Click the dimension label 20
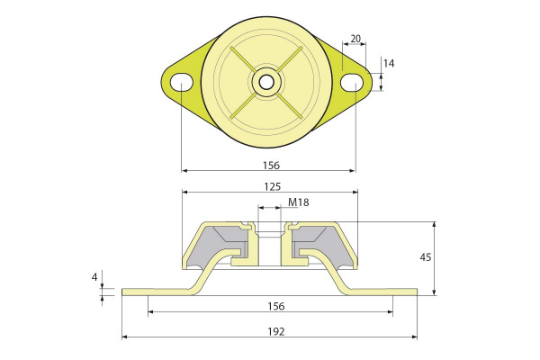point(355,39)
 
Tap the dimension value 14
point(389,63)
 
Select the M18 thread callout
point(298,202)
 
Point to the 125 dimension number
point(273,186)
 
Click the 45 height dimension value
point(426,257)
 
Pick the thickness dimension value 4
point(94,276)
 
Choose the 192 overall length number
point(276,332)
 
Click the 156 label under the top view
point(272,166)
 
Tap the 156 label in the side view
point(276,306)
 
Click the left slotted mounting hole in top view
point(182,82)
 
